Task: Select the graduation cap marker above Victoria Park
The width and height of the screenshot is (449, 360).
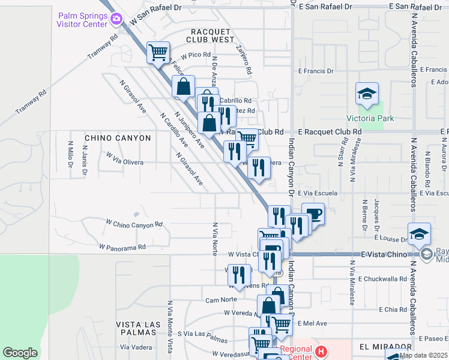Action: (x=366, y=94)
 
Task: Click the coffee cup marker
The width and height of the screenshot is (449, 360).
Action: (x=313, y=214)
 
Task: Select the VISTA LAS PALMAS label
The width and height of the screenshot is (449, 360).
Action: (x=140, y=328)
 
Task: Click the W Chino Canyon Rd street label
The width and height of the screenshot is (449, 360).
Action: (x=134, y=224)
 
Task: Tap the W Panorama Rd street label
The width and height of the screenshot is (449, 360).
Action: (x=122, y=247)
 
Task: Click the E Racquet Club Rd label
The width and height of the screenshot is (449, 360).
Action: (x=330, y=131)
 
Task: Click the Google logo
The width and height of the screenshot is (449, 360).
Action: (x=20, y=353)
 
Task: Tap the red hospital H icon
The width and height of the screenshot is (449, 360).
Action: (x=321, y=351)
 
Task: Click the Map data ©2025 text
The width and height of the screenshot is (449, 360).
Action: (x=423, y=355)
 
